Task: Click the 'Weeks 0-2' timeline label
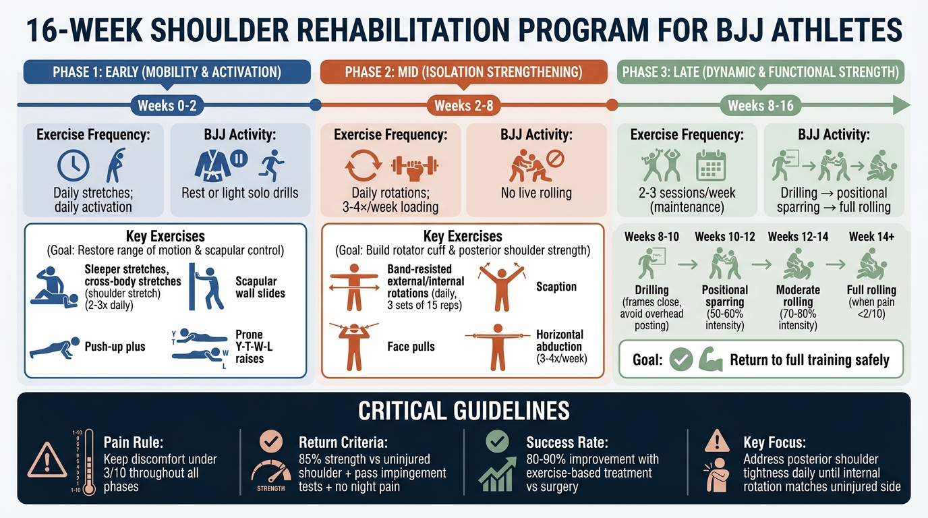(166, 105)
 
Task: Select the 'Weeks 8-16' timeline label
(761, 105)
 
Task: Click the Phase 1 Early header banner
(167, 72)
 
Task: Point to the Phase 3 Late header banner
(760, 72)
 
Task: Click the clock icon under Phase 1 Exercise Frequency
(74, 166)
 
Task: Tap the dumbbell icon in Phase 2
(415, 165)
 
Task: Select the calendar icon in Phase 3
(710, 165)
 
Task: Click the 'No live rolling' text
(537, 193)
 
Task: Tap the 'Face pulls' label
(411, 347)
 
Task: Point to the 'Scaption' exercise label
(556, 287)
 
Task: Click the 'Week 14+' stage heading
(871, 237)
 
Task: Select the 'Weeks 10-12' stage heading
(725, 237)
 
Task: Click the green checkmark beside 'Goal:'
(681, 359)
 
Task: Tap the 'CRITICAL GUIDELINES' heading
(464, 411)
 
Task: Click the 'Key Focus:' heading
(774, 442)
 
